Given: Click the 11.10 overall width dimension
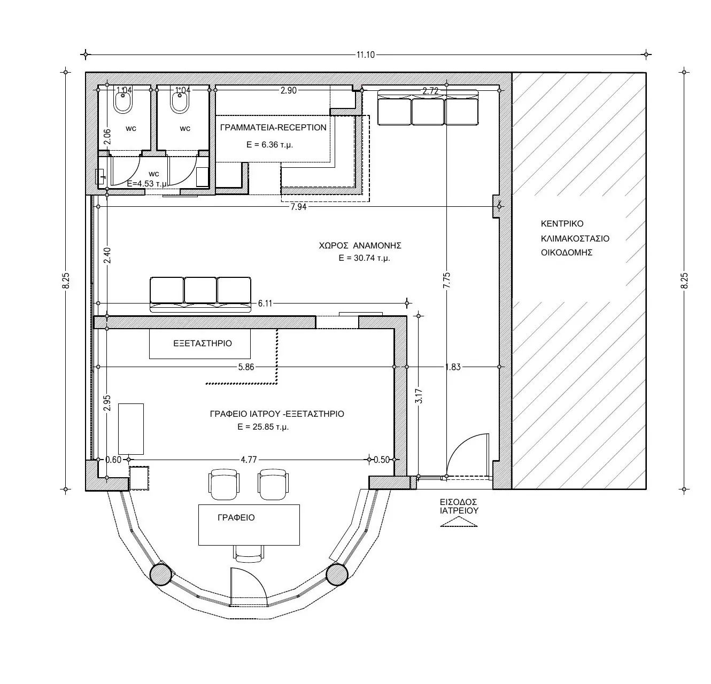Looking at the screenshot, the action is tap(365, 55).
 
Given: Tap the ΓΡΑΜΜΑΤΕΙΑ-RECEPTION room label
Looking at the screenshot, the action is tap(273, 128).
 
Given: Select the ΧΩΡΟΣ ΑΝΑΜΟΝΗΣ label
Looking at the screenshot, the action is tap(360, 245).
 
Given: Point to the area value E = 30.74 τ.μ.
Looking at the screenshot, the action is tap(364, 258).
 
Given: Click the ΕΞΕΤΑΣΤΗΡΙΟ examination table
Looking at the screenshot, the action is tap(200, 343).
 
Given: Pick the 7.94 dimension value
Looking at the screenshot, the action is tap(298, 207).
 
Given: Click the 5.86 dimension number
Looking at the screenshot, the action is tap(246, 367).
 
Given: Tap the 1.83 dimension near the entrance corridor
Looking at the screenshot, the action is tap(453, 367).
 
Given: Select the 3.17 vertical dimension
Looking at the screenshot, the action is tap(419, 396).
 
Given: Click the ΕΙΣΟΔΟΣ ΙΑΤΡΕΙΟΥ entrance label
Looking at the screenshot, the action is tap(459, 506).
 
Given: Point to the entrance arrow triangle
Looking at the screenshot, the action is tap(459, 523).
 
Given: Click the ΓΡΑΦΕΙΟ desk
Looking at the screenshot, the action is tap(249, 525).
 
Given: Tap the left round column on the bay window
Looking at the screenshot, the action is tap(160, 574).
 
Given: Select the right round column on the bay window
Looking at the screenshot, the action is tap(336, 574).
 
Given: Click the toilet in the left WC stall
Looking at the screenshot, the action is tap(122, 102).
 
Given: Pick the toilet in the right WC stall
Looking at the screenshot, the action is tap(179, 102).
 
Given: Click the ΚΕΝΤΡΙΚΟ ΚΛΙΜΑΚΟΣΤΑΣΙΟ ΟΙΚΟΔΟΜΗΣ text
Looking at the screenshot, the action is tap(575, 238).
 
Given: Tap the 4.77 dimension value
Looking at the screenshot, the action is tap(249, 460).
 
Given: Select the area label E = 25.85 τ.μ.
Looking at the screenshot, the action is tap(263, 427).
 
